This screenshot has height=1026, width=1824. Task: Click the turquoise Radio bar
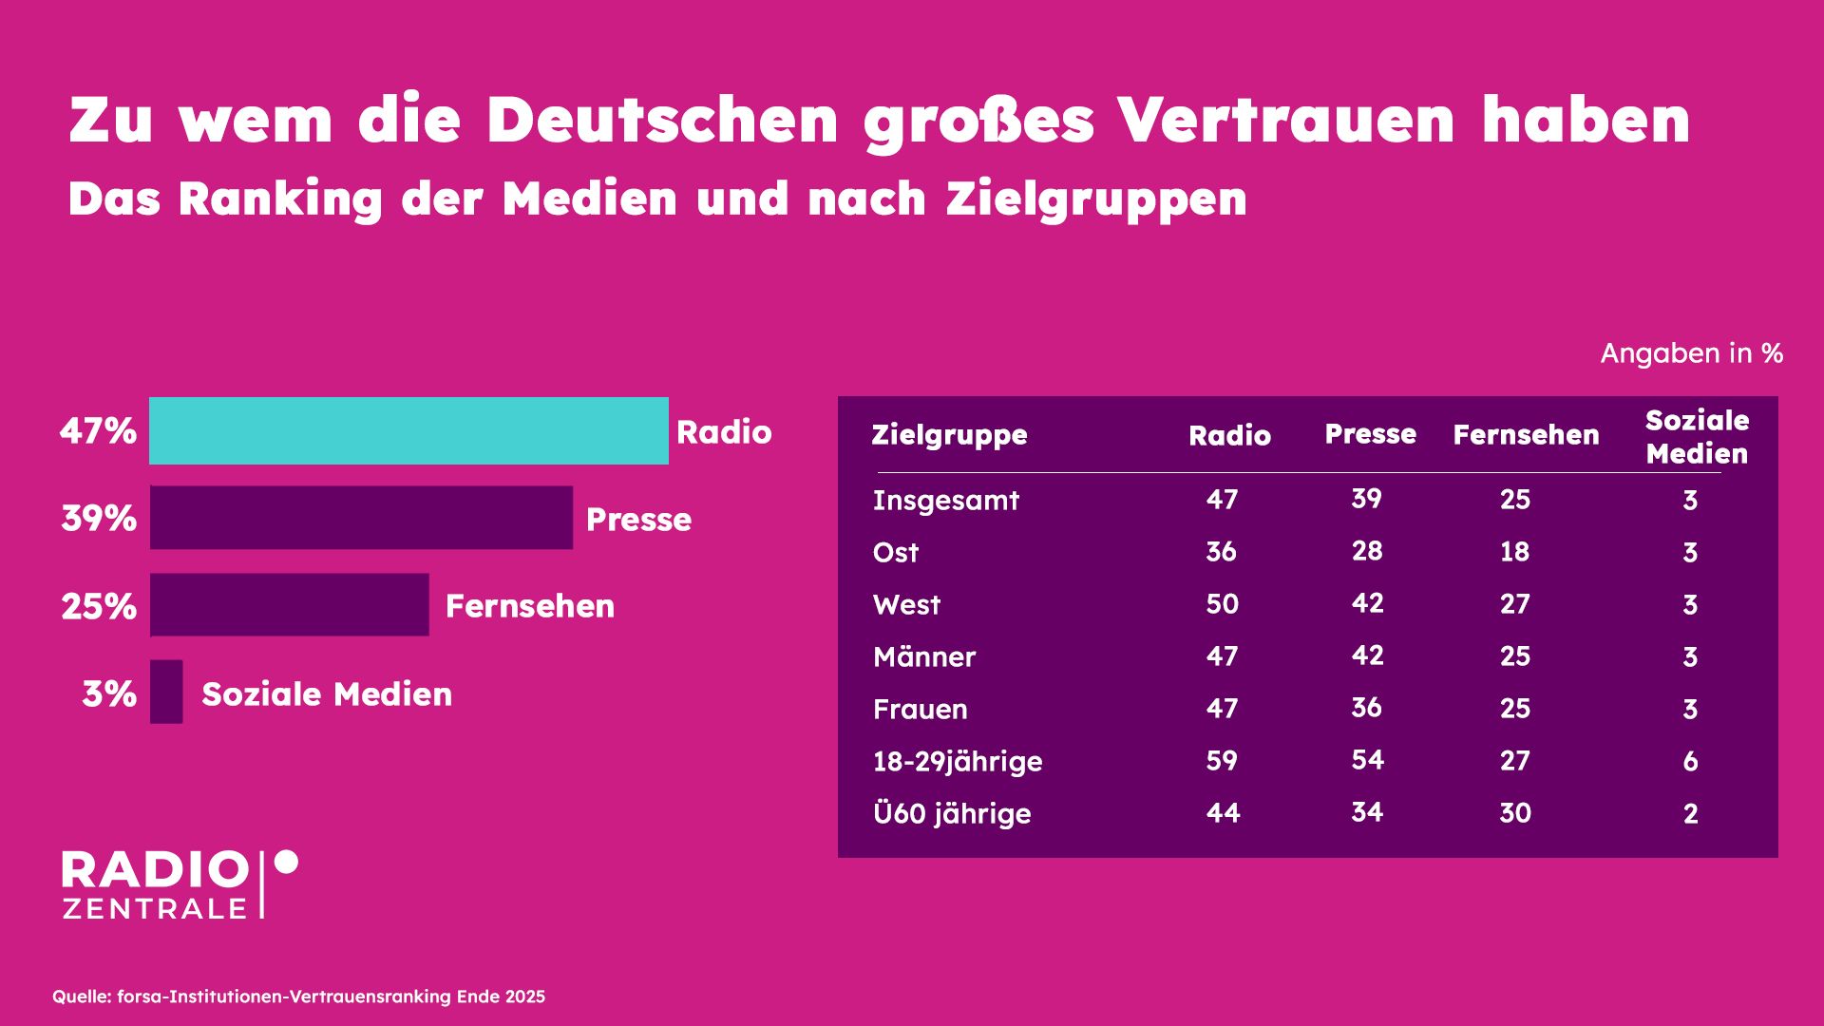point(408,430)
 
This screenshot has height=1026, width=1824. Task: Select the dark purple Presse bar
point(361,518)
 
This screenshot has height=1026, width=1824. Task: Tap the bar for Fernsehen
point(290,604)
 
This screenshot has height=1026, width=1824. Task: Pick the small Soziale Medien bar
point(166,692)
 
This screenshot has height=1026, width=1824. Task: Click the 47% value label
point(98,431)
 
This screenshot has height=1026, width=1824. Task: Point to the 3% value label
point(109,693)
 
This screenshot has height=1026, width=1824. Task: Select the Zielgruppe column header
point(949,435)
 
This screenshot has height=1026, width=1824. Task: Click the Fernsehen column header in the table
point(1526,435)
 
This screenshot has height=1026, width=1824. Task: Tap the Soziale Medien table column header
point(1697,437)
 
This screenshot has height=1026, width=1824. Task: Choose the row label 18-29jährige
point(957,761)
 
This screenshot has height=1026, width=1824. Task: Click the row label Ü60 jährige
point(951,813)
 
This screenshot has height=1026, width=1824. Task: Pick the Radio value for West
point(1222,604)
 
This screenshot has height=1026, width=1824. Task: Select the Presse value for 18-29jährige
point(1367,760)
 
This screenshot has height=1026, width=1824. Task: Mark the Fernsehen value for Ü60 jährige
point(1514,812)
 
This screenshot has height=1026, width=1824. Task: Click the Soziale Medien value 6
point(1690,761)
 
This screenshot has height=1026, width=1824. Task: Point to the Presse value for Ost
point(1367,551)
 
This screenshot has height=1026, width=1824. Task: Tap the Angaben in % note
point(1691,353)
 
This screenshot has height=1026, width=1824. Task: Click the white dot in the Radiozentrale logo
point(286,862)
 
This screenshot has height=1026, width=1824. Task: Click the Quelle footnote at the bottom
point(298,997)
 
